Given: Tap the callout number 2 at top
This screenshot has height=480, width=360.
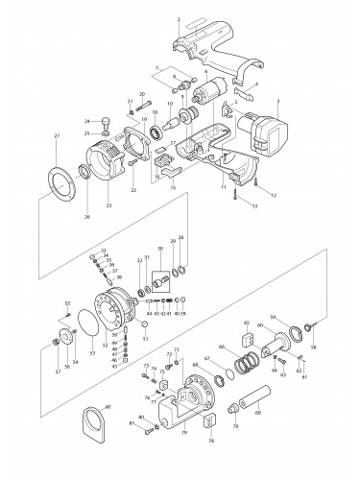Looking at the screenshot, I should tap(179, 19).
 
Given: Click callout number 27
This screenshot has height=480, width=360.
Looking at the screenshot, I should tap(57, 136).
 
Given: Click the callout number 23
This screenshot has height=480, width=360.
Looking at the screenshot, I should tap(108, 205).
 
